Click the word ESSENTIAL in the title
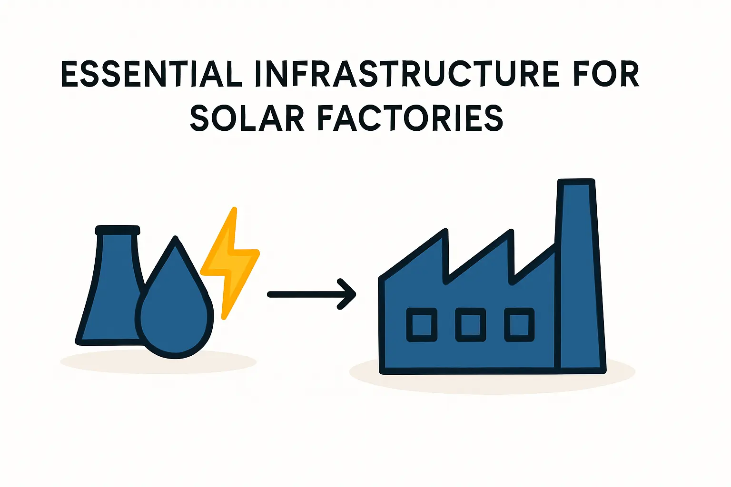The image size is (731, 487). coord(151,75)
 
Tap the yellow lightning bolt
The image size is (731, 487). coord(232,262)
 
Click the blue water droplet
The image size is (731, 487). coord(175,314)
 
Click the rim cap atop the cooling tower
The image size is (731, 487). coord(118,231)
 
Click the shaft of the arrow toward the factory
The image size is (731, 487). coord(305,295)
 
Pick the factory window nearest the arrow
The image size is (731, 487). coord(422,325)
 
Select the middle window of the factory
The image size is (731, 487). coord(471,325)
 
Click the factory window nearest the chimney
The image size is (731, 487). coord(519,325)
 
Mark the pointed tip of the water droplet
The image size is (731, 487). coord(176,239)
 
